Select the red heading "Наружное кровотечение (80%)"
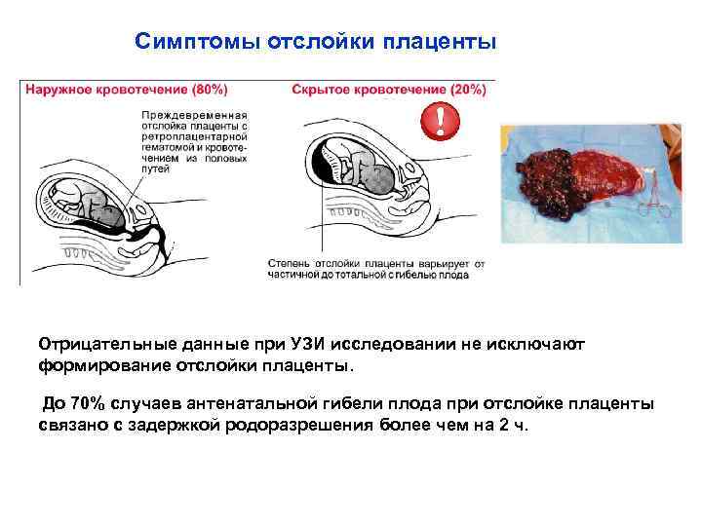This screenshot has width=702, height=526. pyautogui.click(x=126, y=90)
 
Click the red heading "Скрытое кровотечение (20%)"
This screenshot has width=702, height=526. pyautogui.click(x=388, y=90)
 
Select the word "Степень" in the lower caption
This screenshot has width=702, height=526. pyautogui.click(x=289, y=264)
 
